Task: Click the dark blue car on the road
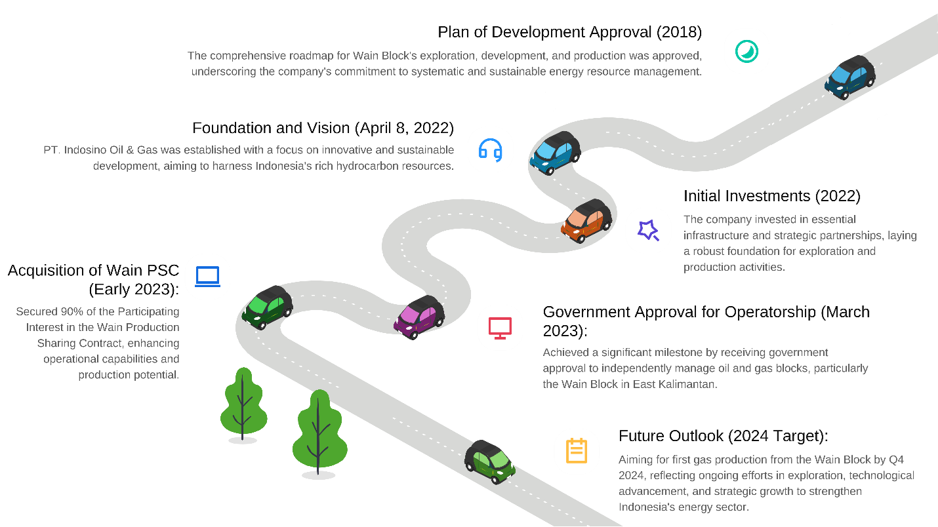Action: (849, 76)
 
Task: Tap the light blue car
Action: (554, 152)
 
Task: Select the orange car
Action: (586, 220)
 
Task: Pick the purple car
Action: (418, 317)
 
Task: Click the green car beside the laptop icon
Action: (267, 307)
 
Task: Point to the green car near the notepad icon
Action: (490, 461)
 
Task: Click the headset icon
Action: (491, 149)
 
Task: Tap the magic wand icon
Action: (648, 230)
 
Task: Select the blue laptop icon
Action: (208, 277)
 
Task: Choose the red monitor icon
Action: (500, 327)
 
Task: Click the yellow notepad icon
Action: (577, 451)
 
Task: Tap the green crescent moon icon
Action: (746, 51)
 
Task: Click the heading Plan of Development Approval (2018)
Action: (569, 32)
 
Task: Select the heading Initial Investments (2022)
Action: (771, 196)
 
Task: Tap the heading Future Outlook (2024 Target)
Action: (723, 436)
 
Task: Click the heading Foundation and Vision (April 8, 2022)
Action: (323, 128)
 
